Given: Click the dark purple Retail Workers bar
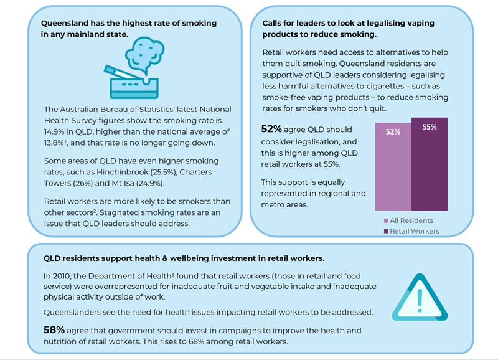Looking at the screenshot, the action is coord(430,164).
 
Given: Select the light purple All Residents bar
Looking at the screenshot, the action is coord(393,167).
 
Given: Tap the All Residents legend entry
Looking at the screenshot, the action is coord(408,220).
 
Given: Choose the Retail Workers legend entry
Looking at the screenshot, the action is coord(411,231).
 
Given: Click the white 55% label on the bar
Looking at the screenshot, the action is coord(430,127).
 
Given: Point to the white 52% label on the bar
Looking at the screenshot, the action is coord(393,132).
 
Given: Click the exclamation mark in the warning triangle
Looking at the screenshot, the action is coord(420,300).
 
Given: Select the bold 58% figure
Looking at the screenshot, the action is coord(54,330).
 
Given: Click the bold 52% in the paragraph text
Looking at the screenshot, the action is coord(271,129).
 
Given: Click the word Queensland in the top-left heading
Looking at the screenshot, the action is coord(65,23).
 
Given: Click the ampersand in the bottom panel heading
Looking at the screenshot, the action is coord(165,258).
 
